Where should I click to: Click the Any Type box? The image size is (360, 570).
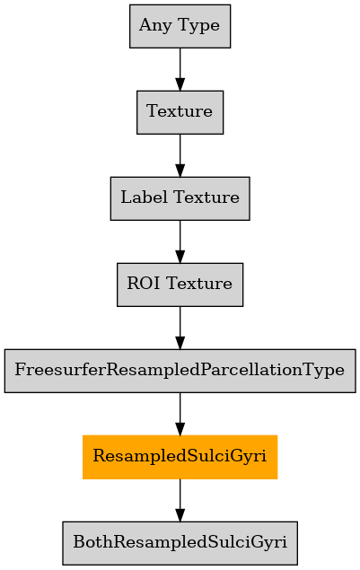click(180, 26)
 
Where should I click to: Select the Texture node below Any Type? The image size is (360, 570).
click(180, 112)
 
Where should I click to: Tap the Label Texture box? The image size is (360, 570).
click(180, 198)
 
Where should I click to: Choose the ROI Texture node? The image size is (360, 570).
click(180, 285)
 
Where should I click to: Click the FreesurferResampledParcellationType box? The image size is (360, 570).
click(180, 371)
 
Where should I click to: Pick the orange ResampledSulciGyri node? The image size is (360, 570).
click(180, 457)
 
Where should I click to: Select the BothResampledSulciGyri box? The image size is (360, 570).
click(180, 543)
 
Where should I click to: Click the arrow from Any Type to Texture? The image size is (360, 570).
click(180, 69)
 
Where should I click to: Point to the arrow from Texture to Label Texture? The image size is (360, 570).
click(180, 155)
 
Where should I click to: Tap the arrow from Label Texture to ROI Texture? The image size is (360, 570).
click(180, 241)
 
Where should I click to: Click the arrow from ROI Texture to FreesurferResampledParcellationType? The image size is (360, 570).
click(180, 328)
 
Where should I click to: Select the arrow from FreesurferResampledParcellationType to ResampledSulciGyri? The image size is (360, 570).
click(180, 414)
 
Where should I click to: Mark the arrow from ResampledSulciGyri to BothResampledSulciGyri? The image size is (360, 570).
click(180, 500)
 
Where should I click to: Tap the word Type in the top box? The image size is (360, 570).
click(198, 26)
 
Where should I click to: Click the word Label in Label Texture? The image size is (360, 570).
click(145, 197)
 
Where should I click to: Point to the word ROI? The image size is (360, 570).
click(144, 284)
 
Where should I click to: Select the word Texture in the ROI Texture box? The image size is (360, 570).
click(199, 284)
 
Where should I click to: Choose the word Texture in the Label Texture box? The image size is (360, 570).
click(206, 197)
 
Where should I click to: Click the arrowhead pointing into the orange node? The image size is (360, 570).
click(180, 429)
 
